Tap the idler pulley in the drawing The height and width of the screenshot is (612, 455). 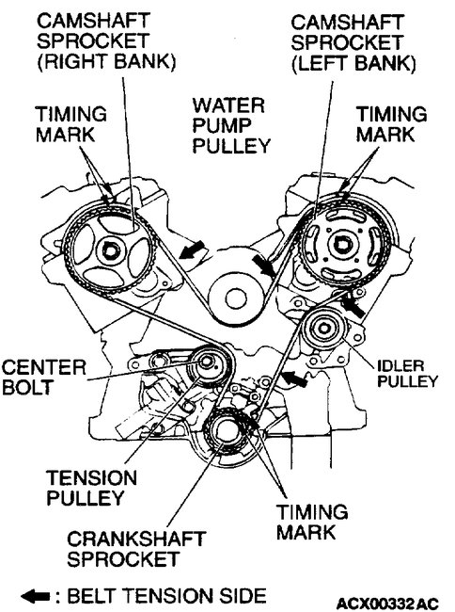point(326,332)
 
